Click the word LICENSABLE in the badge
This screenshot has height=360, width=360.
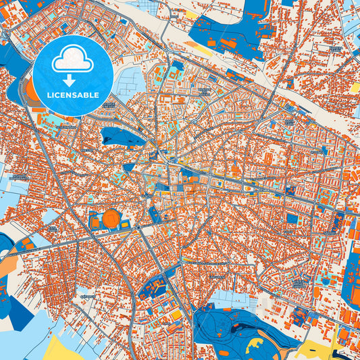point(73,95)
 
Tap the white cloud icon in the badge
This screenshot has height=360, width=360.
point(73,59)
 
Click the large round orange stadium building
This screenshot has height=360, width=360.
point(111,219)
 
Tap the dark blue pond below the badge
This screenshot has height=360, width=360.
point(122,137)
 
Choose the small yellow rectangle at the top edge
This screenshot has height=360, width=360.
point(191,13)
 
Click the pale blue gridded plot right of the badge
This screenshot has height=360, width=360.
point(128,81)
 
